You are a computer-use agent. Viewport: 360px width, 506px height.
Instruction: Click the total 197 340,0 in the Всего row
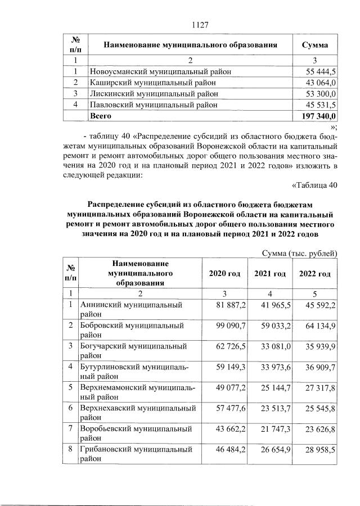click(316, 116)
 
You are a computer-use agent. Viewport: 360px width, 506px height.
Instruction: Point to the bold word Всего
click(101, 116)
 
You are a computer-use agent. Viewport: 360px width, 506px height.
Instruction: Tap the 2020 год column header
click(224, 273)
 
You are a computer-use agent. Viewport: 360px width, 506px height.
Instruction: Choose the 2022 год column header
click(314, 273)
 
